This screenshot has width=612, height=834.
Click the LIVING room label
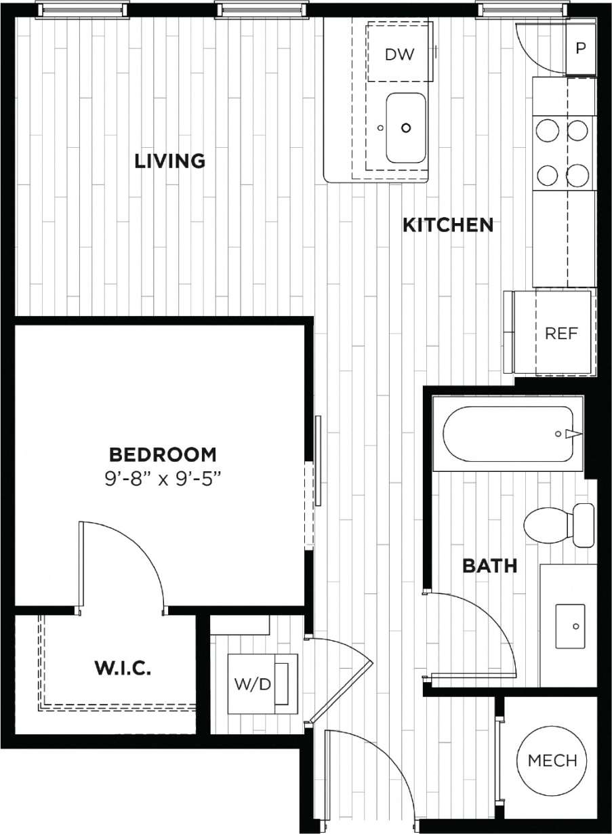pyautogui.click(x=169, y=161)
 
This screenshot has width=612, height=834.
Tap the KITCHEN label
pyautogui.click(x=448, y=224)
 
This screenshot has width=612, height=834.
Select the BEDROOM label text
pyautogui.click(x=163, y=454)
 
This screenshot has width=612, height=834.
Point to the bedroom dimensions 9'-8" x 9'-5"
pyautogui.click(x=163, y=479)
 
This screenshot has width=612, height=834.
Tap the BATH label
pyautogui.click(x=489, y=565)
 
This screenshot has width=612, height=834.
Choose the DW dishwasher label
pyautogui.click(x=399, y=54)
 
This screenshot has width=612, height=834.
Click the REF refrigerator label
pyautogui.click(x=561, y=334)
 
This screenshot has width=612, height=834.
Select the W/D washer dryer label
pyautogui.click(x=252, y=684)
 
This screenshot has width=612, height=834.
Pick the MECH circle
pyautogui.click(x=552, y=760)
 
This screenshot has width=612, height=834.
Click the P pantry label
pyautogui.click(x=580, y=49)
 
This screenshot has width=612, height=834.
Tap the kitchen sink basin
pyautogui.click(x=405, y=127)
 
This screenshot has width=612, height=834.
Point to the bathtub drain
pyautogui.click(x=558, y=433)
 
